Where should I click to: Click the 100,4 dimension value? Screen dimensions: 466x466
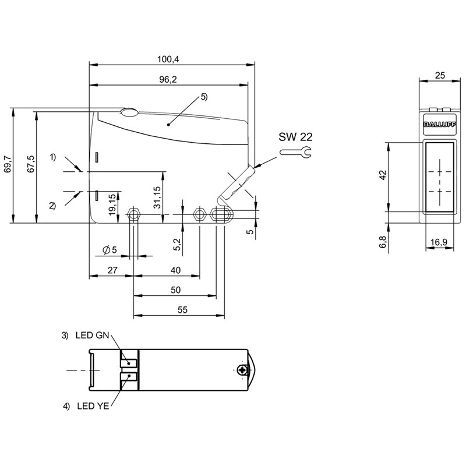tap(168, 59)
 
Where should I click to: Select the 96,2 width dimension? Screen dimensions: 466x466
tap(168, 79)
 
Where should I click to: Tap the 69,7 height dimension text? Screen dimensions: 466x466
tap(8, 164)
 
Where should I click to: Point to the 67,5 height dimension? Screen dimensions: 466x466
tap(31, 164)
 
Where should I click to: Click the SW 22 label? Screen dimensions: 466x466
tap(295, 137)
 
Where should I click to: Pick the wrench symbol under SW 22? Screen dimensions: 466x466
tap(295, 152)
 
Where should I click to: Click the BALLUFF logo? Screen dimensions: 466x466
tap(440, 125)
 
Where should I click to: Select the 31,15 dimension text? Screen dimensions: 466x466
tap(157, 197)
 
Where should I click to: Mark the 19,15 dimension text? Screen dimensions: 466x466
tap(112, 204)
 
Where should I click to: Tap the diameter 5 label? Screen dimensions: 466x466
tap(110, 250)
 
